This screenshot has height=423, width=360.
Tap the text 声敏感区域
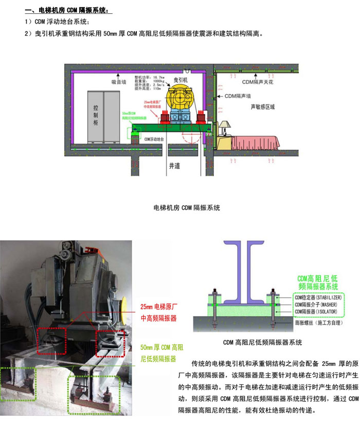pos(263,107)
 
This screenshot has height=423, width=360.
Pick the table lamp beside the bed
pos(225,128)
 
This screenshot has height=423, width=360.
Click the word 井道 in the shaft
pos(175,166)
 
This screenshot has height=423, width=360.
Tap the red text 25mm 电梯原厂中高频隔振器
pos(158,313)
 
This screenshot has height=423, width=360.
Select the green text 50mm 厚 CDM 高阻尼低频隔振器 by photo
pos(158,355)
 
